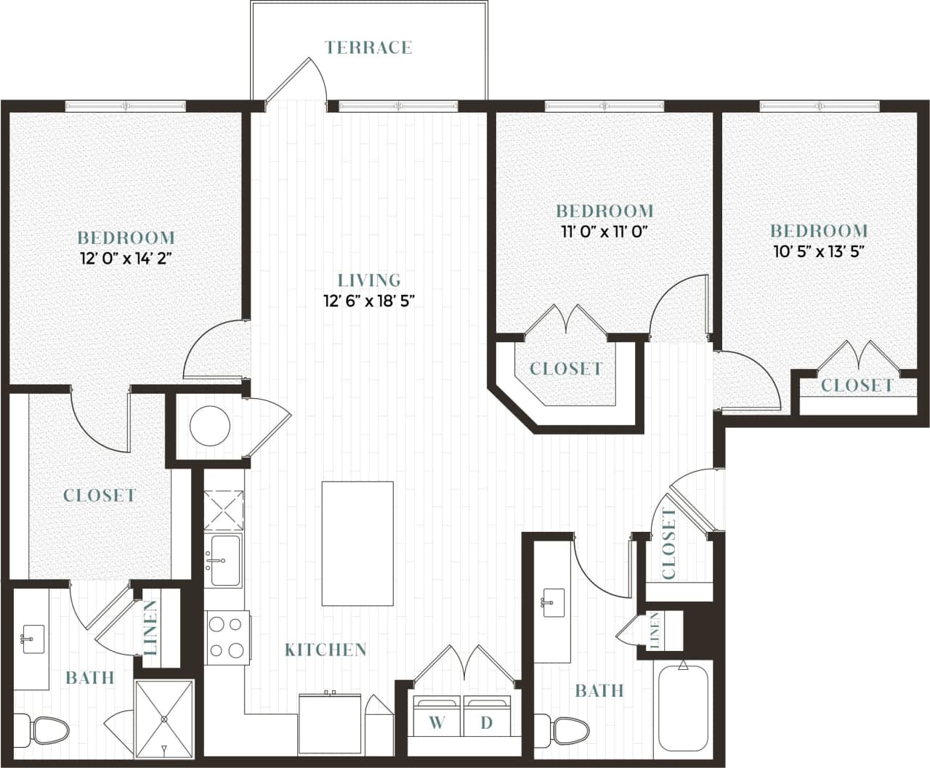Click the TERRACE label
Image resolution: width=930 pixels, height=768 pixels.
pyautogui.click(x=368, y=48)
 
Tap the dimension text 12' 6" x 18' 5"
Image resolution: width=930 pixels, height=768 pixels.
pyautogui.click(x=369, y=301)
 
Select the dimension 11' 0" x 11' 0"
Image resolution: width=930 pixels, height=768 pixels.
pyautogui.click(x=604, y=232)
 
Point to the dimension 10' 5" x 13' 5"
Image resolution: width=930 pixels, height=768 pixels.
pyautogui.click(x=818, y=252)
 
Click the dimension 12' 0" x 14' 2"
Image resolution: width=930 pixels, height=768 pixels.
pyautogui.click(x=126, y=258)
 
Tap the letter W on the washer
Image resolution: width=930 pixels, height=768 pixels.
pyautogui.click(x=437, y=722)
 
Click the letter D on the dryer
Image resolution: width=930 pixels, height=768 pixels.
pyautogui.click(x=487, y=722)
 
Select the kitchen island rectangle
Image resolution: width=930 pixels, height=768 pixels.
pyautogui.click(x=357, y=543)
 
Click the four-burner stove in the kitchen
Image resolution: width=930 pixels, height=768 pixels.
pyautogui.click(x=227, y=637)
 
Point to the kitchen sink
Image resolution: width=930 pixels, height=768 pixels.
pyautogui.click(x=225, y=559)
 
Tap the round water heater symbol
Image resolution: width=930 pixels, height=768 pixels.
pyautogui.click(x=211, y=427)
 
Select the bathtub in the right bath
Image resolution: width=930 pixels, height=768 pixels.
pyautogui.click(x=682, y=709)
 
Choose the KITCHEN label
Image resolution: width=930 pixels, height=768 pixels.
pyautogui.click(x=325, y=650)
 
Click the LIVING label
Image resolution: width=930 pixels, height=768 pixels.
pyautogui.click(x=369, y=280)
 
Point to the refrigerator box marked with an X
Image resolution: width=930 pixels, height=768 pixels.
pyautogui.click(x=223, y=510)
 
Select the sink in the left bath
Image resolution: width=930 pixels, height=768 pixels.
pyautogui.click(x=33, y=639)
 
